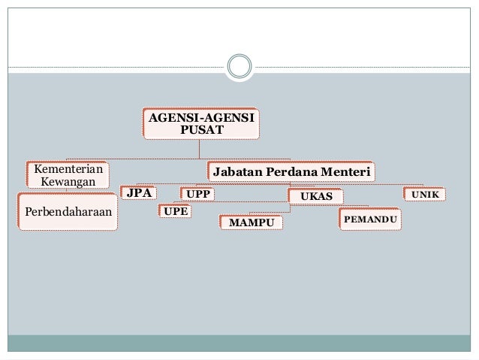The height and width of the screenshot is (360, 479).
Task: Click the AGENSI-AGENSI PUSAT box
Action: pos(201,123)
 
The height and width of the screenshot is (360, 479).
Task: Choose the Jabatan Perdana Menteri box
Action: pos(291,171)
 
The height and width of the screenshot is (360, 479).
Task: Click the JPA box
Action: pos(139,194)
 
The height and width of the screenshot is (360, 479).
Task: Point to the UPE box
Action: pos(175,211)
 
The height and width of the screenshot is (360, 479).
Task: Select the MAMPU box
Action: pos(252,223)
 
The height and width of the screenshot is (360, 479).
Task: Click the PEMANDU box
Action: pos(369,219)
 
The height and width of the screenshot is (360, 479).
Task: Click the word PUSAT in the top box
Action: pos(202,130)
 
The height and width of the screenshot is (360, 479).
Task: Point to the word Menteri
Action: pos(347,171)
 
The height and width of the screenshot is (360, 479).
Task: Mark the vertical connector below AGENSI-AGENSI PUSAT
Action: pos(200,149)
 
